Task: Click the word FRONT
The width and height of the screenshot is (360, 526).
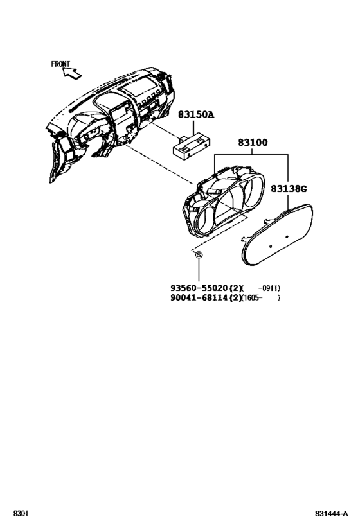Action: tap(60, 64)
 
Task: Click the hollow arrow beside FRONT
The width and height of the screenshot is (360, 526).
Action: tap(73, 73)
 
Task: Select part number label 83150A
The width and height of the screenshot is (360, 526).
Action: tap(196, 115)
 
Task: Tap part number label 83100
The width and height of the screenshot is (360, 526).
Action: tap(253, 143)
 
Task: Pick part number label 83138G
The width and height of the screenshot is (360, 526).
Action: tap(289, 189)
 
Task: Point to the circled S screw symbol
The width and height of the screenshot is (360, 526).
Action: tap(199, 255)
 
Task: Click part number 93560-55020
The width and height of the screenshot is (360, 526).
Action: tap(199, 288)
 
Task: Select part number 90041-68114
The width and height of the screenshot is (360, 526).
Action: tap(199, 297)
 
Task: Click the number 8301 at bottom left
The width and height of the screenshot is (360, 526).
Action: tap(21, 513)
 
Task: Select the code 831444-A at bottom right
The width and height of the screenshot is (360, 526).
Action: tap(332, 513)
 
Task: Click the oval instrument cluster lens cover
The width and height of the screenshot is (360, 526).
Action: tap(278, 234)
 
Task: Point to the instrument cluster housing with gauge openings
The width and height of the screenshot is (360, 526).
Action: tap(223, 200)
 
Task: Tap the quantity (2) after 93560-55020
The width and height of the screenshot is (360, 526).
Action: tap(235, 288)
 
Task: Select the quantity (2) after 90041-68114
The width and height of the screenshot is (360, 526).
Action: tap(235, 297)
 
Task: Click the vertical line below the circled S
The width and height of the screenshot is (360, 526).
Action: tap(199, 270)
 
